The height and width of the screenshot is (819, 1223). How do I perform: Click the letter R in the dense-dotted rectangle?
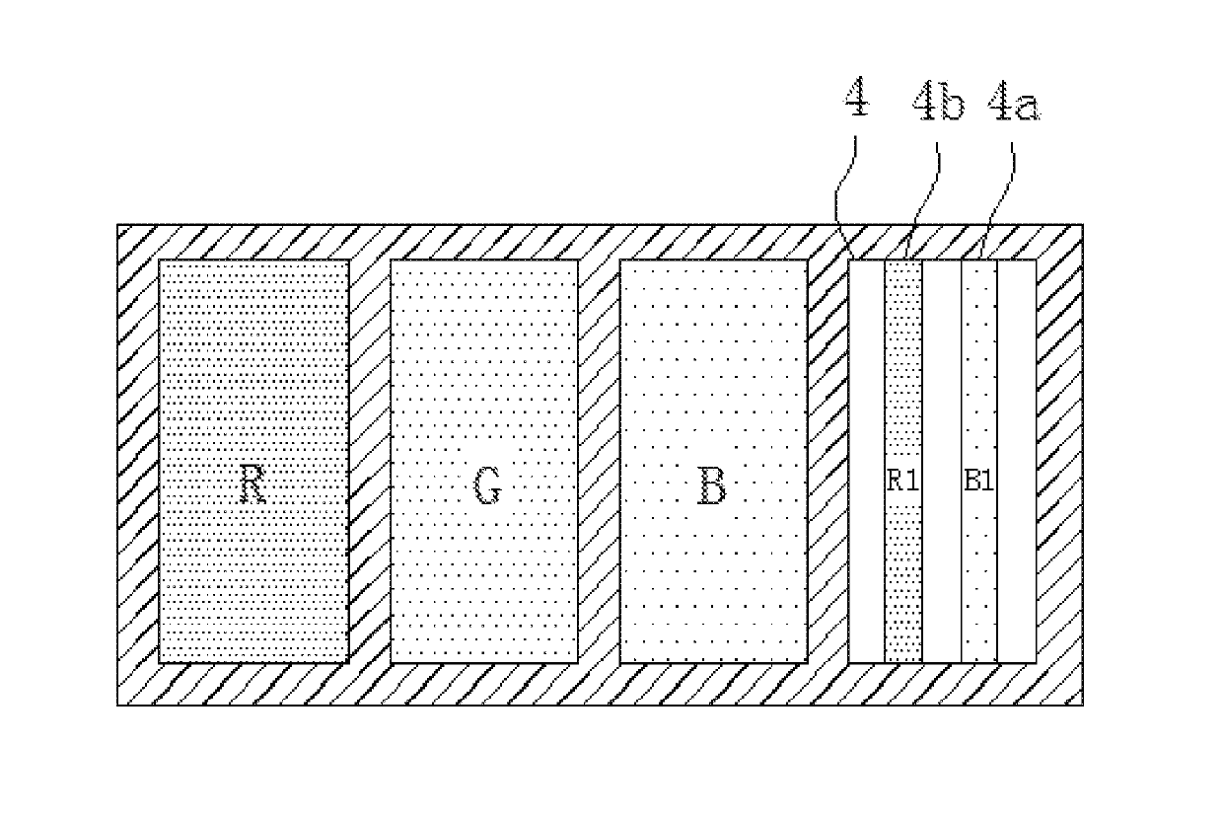point(253,486)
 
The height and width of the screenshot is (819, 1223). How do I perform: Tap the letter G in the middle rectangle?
point(485,486)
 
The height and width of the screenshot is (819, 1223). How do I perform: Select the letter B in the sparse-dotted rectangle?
point(712,486)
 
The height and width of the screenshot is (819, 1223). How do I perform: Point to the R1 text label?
point(903,482)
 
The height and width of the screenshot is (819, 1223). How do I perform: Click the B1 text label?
point(979,482)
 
